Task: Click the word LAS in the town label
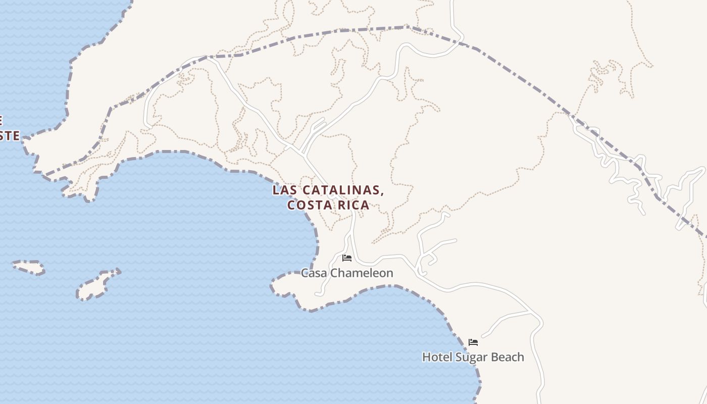[x=284, y=190]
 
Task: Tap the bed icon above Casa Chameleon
[x=347, y=258]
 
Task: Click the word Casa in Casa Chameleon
[x=312, y=273]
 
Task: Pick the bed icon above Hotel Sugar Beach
[x=473, y=342]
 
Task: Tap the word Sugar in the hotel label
[x=472, y=358]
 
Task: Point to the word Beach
[x=508, y=357]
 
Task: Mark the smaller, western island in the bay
[x=28, y=267]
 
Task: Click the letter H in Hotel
[x=426, y=357]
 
